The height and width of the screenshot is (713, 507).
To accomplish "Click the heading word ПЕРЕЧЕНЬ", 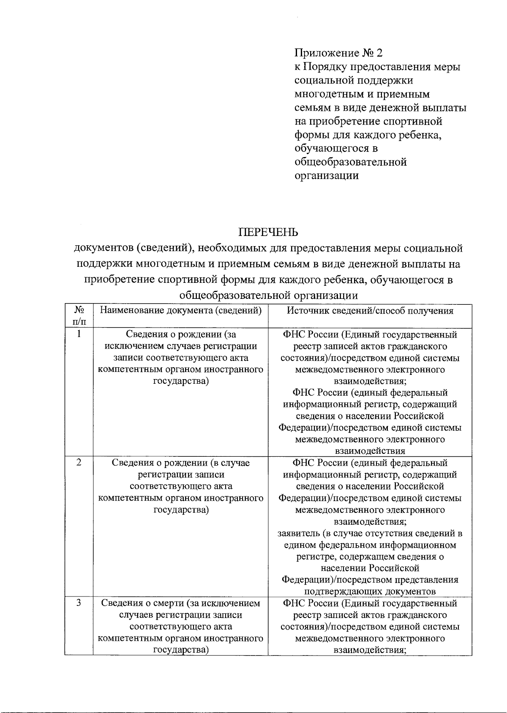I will click(268, 233).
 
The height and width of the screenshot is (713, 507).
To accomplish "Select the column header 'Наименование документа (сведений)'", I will click(180, 311).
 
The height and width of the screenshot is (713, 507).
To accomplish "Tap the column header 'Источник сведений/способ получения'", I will click(370, 311).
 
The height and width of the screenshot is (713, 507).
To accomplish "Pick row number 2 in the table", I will click(79, 463).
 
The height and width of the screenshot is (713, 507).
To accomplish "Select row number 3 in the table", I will click(79, 603).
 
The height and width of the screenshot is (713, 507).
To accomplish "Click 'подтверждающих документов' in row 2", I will click(370, 591).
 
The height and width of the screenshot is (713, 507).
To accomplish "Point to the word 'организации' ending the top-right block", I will click(326, 176).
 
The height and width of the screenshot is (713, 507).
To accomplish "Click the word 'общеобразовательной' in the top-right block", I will click(350, 162).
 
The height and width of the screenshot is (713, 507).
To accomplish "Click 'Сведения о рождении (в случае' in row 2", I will click(180, 463).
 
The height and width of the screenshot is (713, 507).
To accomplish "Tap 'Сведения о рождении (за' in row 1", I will click(180, 335).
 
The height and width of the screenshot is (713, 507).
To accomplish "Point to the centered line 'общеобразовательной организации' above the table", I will click(268, 295).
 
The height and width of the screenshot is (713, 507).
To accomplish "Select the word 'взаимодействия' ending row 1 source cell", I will click(370, 451).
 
